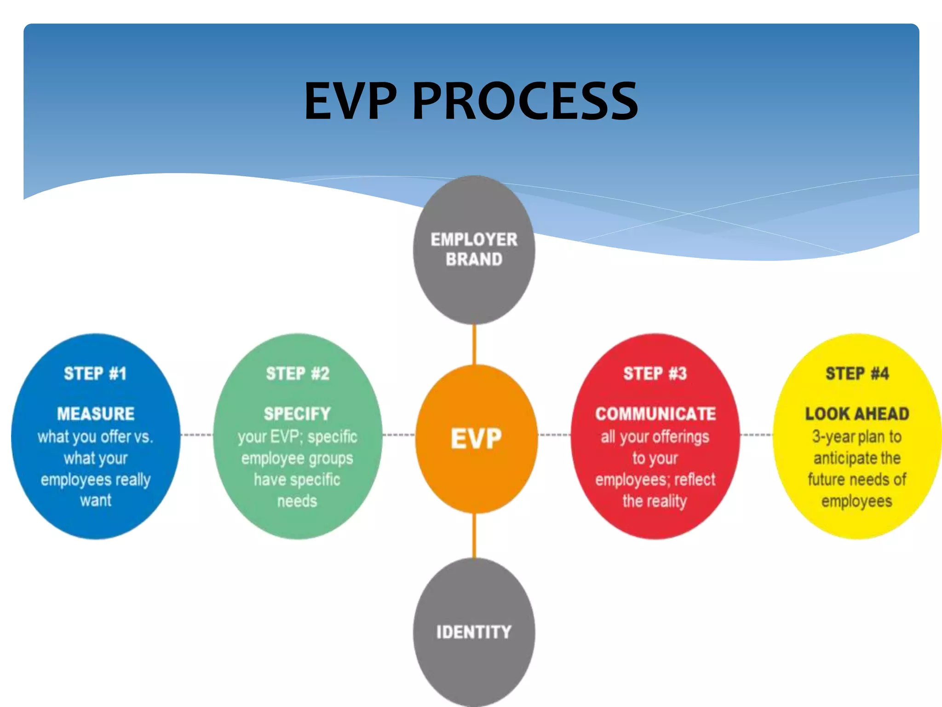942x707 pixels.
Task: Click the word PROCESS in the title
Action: click(525, 101)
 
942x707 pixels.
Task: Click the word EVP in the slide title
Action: click(350, 101)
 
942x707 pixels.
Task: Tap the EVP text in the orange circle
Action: click(476, 438)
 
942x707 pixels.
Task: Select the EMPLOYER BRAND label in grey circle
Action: click(474, 249)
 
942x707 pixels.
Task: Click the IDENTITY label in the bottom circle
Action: click(474, 632)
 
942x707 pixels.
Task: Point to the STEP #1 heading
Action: click(95, 373)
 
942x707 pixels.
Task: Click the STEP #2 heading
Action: click(298, 373)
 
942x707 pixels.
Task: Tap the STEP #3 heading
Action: click(655, 373)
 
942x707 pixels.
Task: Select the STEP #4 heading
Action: click(857, 373)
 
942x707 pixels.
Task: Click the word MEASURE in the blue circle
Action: click(96, 414)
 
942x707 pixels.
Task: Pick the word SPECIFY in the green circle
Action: click(297, 414)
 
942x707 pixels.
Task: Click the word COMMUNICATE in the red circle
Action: click(655, 414)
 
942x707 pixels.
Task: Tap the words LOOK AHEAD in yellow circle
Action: click(857, 414)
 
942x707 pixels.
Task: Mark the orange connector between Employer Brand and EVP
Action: click(474, 344)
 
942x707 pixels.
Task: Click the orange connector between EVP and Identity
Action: click(474, 535)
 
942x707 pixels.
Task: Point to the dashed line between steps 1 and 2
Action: click(197, 435)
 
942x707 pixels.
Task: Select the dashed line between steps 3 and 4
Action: click(757, 435)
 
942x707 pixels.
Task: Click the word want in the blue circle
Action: click(96, 500)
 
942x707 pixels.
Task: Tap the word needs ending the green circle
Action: click(297, 501)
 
